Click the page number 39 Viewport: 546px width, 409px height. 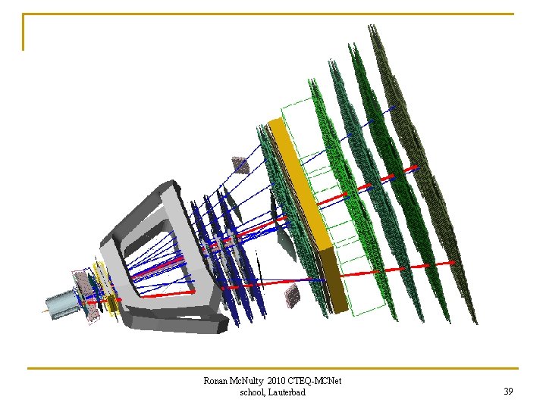(508, 392)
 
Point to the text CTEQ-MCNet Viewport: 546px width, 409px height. (315, 381)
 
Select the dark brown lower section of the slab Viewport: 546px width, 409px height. (333, 280)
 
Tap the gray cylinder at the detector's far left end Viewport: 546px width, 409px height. (61, 304)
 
